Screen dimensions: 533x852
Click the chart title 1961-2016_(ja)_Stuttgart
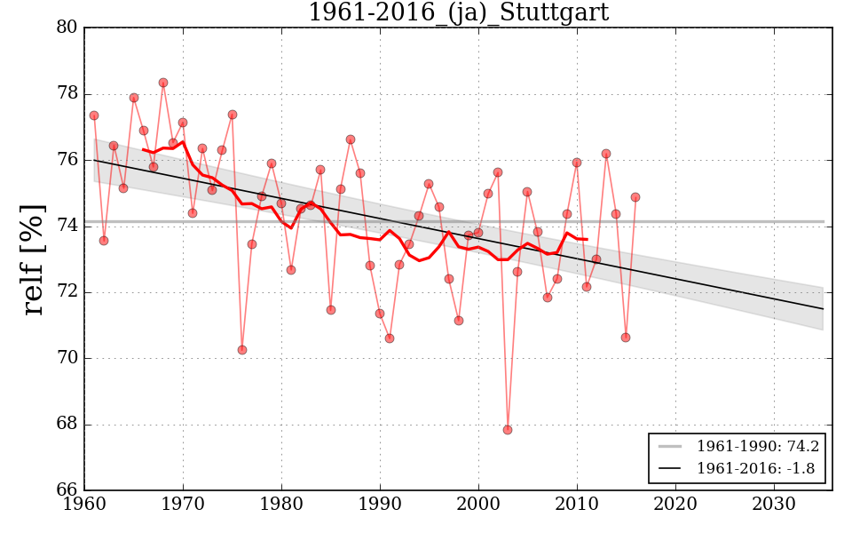pos(458,13)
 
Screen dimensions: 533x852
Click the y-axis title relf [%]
pos(34,259)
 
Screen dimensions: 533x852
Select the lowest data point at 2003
pos(508,430)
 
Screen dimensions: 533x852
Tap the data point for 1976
pos(242,350)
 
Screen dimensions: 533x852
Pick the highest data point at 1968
pos(163,83)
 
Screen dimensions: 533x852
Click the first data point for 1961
pos(94,115)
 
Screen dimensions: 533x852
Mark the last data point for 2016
pos(635,197)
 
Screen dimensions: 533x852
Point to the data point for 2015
pos(626,338)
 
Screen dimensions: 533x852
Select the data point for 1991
pos(390,338)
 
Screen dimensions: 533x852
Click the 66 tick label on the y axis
pos(66,490)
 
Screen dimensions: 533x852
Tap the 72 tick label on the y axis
pos(66,292)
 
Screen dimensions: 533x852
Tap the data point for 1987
pos(351,139)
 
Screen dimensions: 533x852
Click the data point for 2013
pos(606,154)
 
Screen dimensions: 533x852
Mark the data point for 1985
pos(331,310)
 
